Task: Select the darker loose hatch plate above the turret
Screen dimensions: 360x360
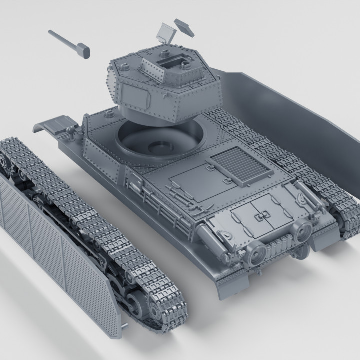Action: point(184,26)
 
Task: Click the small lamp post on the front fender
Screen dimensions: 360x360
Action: point(73,132)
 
